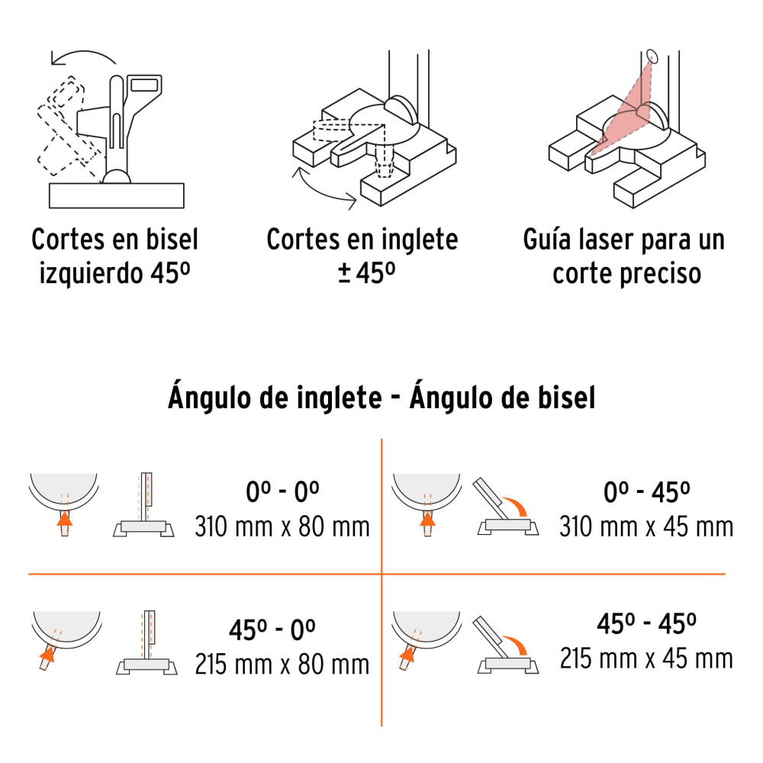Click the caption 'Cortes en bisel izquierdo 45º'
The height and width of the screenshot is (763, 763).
pos(114,256)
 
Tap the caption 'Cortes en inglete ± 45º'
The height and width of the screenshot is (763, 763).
pos(362,256)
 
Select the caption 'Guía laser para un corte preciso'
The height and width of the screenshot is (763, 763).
pos(623,256)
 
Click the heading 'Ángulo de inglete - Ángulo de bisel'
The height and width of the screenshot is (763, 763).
pos(381,398)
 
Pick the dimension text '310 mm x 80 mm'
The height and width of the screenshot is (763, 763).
pos(282,526)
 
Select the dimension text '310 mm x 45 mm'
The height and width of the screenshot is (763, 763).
pos(646,526)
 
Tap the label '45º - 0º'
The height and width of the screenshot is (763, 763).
pos(272,629)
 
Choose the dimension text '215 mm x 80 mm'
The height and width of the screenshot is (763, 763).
pos(282,663)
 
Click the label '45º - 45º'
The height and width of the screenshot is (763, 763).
pos(646,624)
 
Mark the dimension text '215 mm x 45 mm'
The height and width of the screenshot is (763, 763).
pos(646,658)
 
